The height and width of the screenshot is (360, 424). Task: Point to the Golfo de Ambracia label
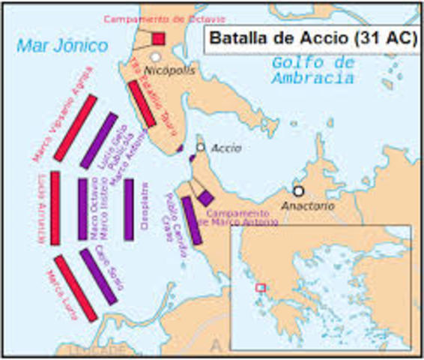click(x=313, y=70)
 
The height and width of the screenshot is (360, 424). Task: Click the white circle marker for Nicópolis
click(x=155, y=57)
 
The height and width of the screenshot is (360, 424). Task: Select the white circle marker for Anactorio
click(x=298, y=190)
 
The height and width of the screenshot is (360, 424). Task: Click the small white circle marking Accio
click(x=200, y=147)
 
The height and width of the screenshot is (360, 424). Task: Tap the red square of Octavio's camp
click(x=158, y=38)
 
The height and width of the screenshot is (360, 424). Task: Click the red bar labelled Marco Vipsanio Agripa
click(x=75, y=128)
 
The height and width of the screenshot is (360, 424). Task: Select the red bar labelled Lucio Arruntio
click(x=55, y=208)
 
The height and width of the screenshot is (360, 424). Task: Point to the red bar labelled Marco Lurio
click(x=76, y=288)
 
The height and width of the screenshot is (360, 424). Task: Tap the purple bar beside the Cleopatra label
click(x=129, y=209)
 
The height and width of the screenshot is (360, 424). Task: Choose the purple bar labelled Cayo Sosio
click(x=98, y=276)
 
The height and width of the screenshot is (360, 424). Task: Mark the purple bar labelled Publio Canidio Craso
click(x=193, y=220)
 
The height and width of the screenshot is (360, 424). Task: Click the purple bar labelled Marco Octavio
click(x=82, y=209)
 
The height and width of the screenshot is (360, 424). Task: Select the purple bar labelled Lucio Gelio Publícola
click(x=99, y=140)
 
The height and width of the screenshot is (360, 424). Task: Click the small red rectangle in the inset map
click(x=260, y=287)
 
